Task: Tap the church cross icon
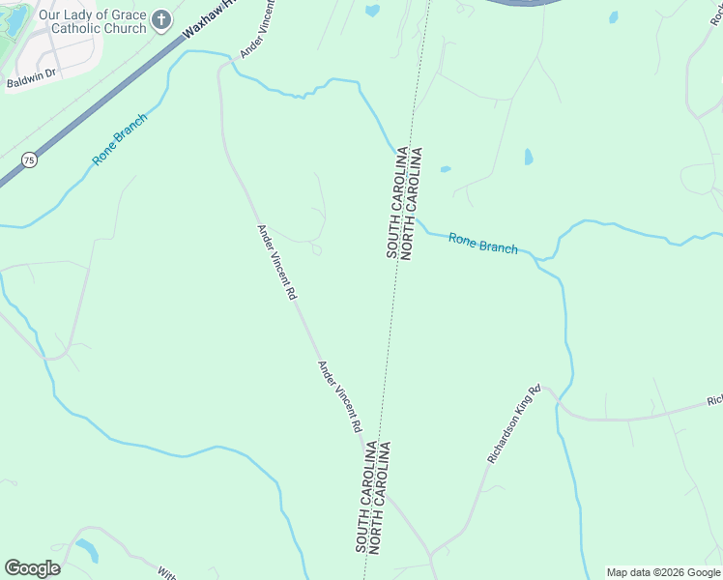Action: pyautogui.click(x=162, y=18)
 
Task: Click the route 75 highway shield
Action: pyautogui.click(x=30, y=161)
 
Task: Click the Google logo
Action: pyautogui.click(x=32, y=568)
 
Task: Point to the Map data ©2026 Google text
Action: pyautogui.click(x=663, y=572)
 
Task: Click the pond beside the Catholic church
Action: pyautogui.click(x=14, y=19)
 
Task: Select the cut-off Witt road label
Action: pyautogui.click(x=165, y=571)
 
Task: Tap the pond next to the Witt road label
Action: pyautogui.click(x=87, y=549)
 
